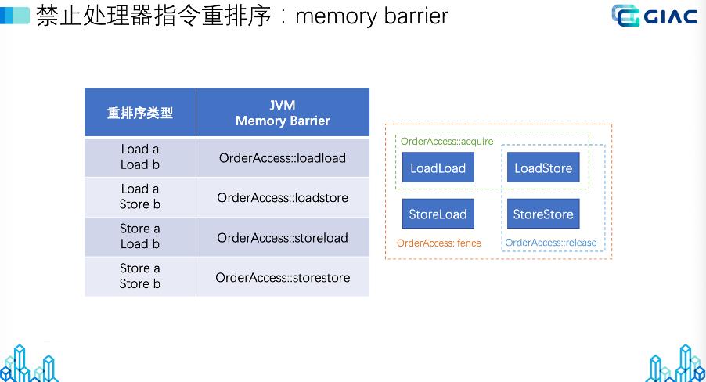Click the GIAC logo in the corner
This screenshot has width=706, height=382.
click(654, 16)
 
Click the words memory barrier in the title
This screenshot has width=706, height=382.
click(371, 16)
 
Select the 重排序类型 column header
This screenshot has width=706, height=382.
click(140, 113)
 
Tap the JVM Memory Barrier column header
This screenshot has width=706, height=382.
click(283, 113)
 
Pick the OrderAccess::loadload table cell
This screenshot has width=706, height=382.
click(283, 158)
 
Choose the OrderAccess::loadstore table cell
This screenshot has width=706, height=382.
click(283, 198)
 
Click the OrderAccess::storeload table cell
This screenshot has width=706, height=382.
click(283, 238)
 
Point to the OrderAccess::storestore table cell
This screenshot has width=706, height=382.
click(283, 278)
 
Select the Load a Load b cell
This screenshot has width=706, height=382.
click(140, 157)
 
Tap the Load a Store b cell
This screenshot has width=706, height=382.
click(140, 197)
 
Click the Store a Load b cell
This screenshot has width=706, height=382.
click(140, 237)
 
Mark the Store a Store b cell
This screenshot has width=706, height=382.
click(140, 276)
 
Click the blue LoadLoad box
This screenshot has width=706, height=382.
click(438, 168)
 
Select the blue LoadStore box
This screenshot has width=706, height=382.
click(542, 168)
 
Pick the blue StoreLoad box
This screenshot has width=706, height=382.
click(438, 214)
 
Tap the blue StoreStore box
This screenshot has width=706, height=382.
click(542, 214)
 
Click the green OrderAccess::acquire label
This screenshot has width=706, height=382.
click(447, 142)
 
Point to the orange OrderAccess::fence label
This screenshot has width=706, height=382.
click(438, 243)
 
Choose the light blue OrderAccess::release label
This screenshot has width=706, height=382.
click(550, 243)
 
